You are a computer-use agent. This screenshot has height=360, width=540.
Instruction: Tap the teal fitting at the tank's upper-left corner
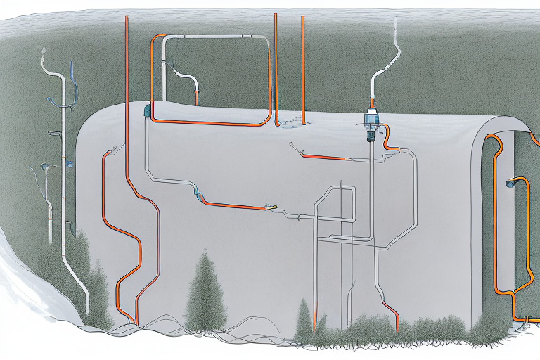(x=146, y=110)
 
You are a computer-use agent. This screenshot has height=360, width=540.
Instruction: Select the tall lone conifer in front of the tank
(x=205, y=288)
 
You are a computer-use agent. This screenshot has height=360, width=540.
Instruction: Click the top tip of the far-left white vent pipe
(x=43, y=50)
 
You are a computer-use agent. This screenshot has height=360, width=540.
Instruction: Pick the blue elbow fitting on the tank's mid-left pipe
(x=199, y=195)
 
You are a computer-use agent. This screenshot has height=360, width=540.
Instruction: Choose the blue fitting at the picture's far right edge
(x=512, y=184)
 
